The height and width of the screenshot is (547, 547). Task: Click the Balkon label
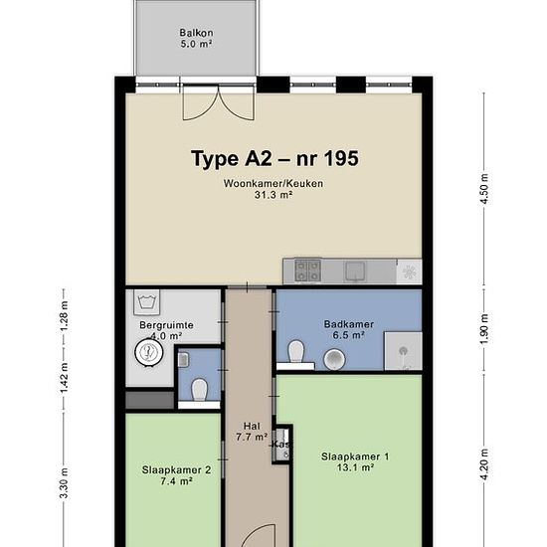tap(196, 33)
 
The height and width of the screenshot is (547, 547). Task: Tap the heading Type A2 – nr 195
tap(274, 158)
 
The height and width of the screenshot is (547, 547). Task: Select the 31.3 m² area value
tap(273, 195)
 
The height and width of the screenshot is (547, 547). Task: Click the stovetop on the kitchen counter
tap(308, 270)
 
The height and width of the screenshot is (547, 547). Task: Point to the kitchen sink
tap(355, 272)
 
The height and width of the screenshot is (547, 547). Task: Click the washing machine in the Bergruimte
tap(147, 302)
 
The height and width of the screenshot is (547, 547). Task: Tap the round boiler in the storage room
tap(149, 352)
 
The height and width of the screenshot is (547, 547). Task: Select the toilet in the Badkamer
tap(296, 351)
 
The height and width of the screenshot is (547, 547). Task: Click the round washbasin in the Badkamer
tap(334, 359)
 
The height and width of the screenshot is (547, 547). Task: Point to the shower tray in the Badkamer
tap(403, 351)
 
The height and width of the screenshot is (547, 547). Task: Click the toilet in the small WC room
tap(200, 390)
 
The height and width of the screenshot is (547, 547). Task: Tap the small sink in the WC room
tap(184, 360)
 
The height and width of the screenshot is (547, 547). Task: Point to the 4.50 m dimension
tap(484, 189)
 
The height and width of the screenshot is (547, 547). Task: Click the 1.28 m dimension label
tap(64, 316)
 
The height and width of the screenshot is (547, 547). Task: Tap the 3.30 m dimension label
tap(64, 483)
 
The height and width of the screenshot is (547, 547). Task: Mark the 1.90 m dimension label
tap(484, 329)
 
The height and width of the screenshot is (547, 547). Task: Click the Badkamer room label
tap(348, 324)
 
